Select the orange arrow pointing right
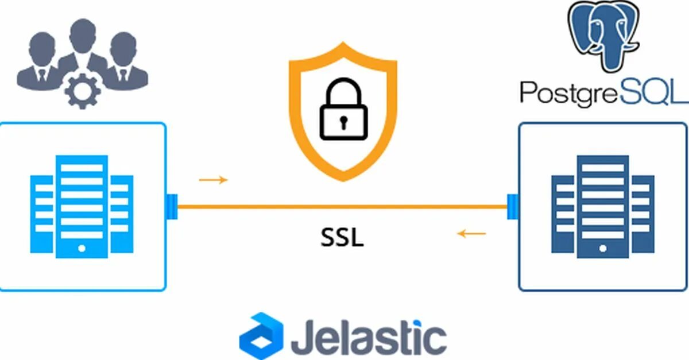[x=213, y=180]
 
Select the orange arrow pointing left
[x=471, y=234]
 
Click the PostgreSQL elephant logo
[x=603, y=36]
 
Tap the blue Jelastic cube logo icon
[x=261, y=335]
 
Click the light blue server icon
[x=82, y=207]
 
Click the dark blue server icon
[x=602, y=207]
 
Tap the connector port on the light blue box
[x=172, y=207]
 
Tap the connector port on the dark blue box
[x=513, y=207]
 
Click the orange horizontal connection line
[x=342, y=206]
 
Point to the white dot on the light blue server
[x=82, y=249]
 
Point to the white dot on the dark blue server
[x=602, y=249]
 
